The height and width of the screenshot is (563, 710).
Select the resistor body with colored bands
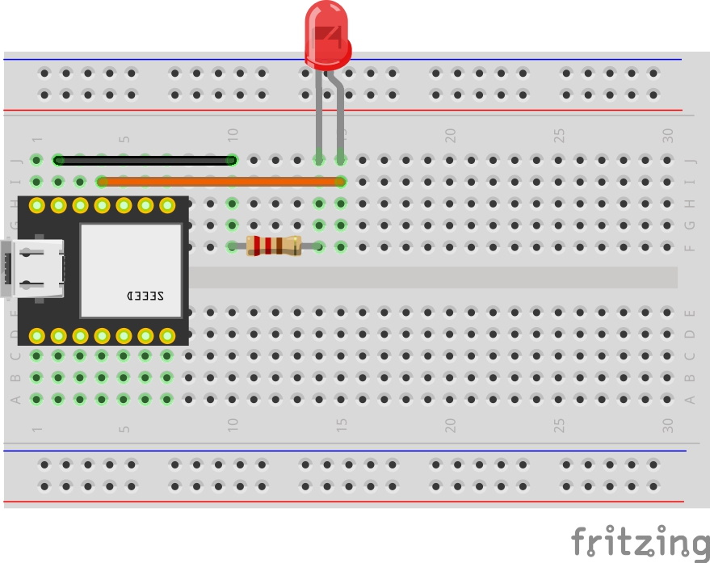[x=274, y=246]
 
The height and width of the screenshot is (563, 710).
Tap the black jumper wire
[x=145, y=160]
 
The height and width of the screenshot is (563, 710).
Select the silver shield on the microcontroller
[x=131, y=268]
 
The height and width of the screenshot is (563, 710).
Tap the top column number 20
[x=451, y=135]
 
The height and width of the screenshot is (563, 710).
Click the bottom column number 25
[x=559, y=425]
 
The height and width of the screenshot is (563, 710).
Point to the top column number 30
[x=668, y=135]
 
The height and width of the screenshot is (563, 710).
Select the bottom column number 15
[x=342, y=425]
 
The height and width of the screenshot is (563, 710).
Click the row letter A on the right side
[x=689, y=399]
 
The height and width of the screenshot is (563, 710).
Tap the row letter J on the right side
[x=689, y=160]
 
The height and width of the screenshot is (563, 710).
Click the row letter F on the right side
[x=689, y=247]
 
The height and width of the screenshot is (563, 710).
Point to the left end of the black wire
[x=58, y=160]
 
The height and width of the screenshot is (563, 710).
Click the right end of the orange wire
[x=341, y=182]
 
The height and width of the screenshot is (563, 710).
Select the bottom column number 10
[x=233, y=425]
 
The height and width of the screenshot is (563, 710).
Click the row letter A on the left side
[x=14, y=399]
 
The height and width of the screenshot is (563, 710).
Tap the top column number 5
[x=124, y=138]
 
